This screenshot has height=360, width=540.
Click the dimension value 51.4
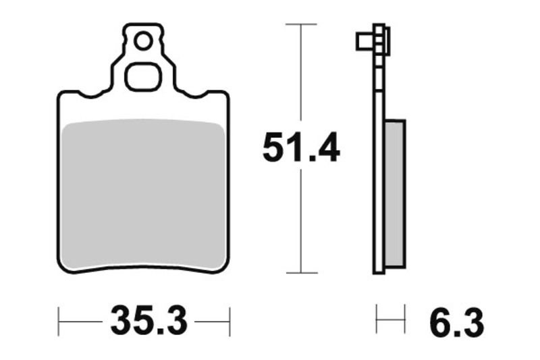tap(300, 148)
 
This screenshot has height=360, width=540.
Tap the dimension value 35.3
tap(148, 321)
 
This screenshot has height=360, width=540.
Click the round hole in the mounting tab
tap(142, 41)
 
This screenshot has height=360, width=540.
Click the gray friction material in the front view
tap(142, 196)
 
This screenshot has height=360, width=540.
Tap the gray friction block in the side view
tap(396, 192)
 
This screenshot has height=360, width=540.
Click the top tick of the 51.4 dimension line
tap(300, 24)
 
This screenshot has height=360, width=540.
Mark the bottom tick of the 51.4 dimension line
tap(300, 273)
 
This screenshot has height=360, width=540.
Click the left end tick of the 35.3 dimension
tap(59, 321)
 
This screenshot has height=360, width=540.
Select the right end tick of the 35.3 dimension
tap(230, 321)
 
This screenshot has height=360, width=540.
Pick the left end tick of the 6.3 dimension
tap(377, 318)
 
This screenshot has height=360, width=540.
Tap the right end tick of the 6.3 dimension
tap(404, 318)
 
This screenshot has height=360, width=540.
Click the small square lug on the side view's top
tap(364, 42)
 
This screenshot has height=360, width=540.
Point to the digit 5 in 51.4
tap(273, 148)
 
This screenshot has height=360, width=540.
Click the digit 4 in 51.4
tap(328, 148)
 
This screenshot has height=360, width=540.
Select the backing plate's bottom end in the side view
tap(379, 269)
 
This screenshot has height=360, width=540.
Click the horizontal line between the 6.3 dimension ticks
tap(391, 318)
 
